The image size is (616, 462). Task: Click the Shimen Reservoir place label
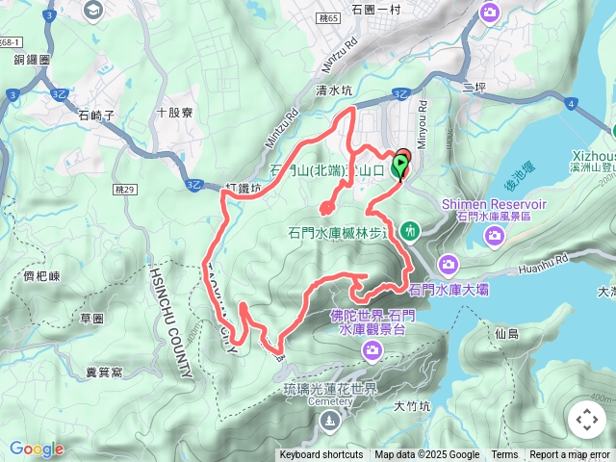(494, 205)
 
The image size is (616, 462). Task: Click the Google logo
(37, 449)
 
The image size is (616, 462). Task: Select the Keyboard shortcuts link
(321, 455)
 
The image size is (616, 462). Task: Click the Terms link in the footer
(504, 455)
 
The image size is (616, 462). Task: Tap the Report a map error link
(569, 455)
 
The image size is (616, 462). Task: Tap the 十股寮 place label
(174, 113)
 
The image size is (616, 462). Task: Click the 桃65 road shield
(326, 18)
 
